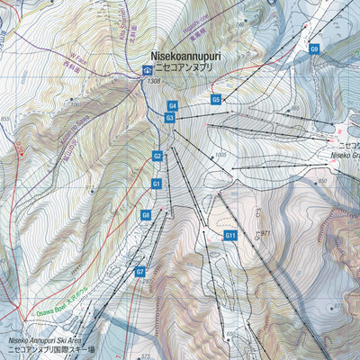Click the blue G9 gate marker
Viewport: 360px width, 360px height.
point(314,49)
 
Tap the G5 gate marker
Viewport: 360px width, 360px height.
point(216,99)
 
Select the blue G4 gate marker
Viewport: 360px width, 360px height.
point(173,106)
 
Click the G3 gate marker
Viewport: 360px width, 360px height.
point(170,118)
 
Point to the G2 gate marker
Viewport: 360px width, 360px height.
point(157,156)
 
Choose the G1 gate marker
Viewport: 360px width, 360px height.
point(156,184)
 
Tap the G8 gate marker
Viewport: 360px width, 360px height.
point(145,215)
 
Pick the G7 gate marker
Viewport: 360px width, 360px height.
point(139,272)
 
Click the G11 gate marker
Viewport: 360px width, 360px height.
point(229,236)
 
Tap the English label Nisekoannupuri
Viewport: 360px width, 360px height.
point(185,55)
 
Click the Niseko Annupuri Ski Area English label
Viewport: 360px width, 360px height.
point(50,342)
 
